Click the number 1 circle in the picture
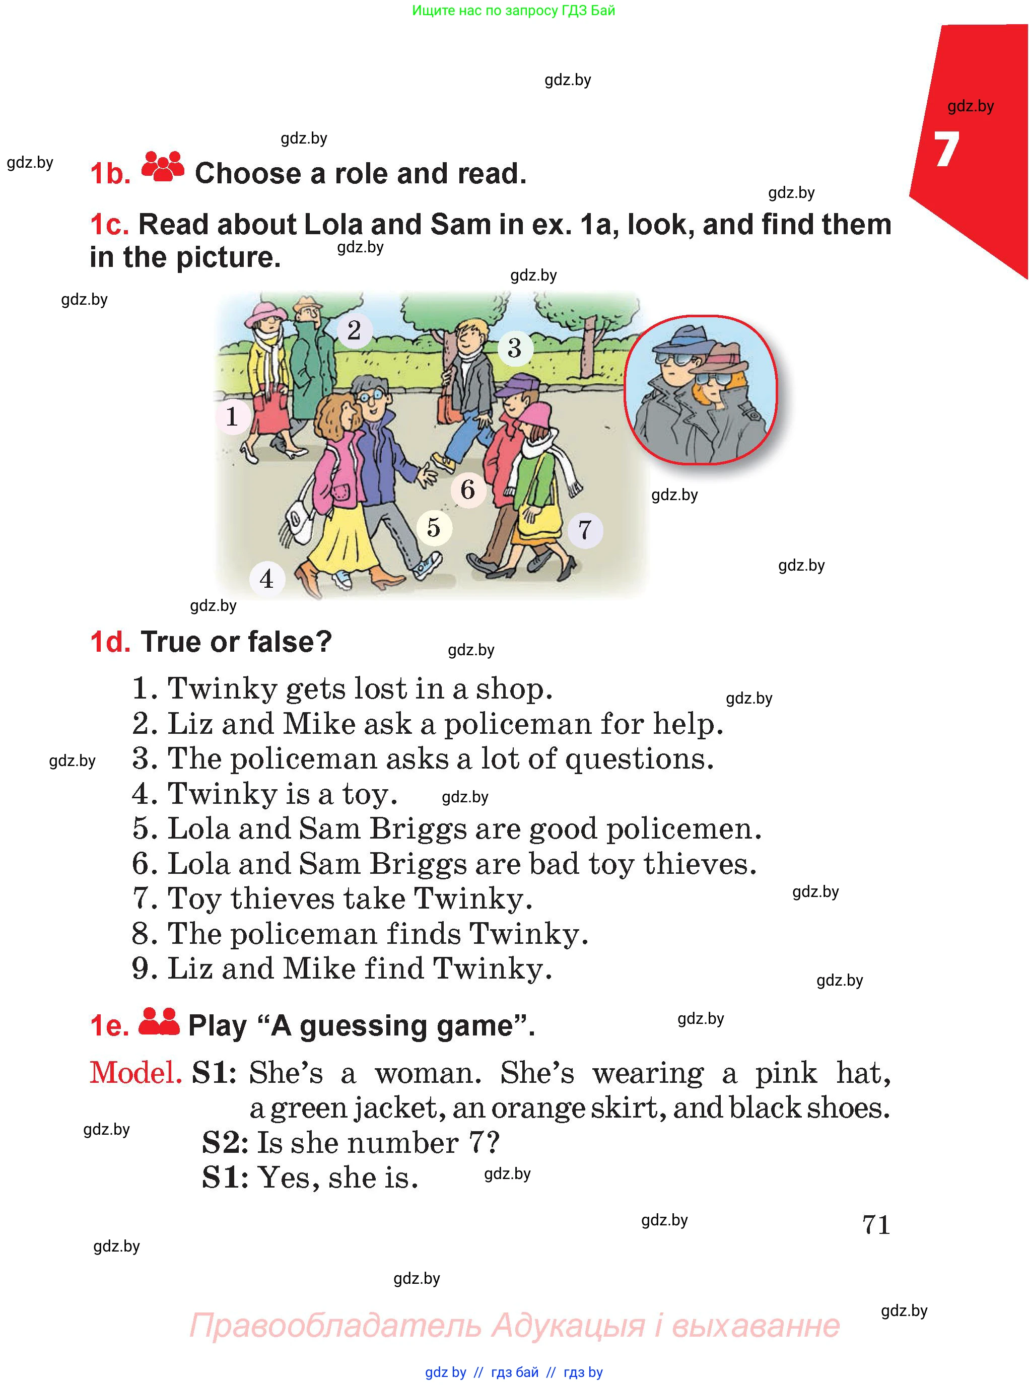232,416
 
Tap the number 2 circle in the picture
354,330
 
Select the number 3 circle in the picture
515,348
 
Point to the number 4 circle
266,579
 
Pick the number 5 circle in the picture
434,527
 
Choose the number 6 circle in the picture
468,490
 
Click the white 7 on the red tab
946,150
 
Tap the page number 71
876,1224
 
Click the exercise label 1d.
110,642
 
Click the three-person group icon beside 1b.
163,167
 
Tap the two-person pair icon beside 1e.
158,1022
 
